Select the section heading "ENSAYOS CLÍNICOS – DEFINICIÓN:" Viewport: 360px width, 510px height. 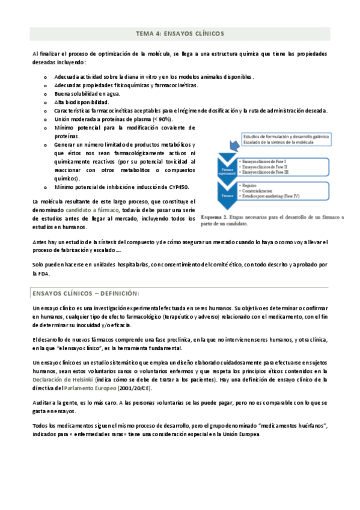[x=85, y=293]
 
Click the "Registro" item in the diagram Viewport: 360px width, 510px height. [x=250, y=186]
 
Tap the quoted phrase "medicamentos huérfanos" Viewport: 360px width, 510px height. [x=288, y=426]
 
